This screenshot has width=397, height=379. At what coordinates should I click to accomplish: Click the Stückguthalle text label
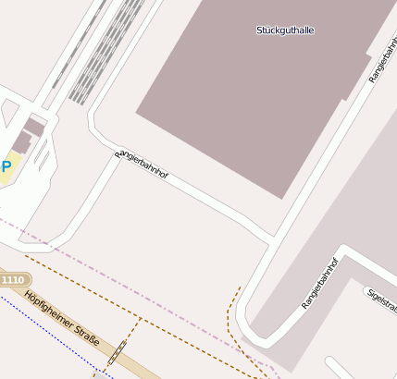coord(285,31)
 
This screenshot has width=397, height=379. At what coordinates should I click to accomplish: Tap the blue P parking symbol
coord(6,166)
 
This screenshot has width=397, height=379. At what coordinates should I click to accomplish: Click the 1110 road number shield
coord(13,279)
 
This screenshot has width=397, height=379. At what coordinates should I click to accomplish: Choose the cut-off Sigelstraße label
coord(380,300)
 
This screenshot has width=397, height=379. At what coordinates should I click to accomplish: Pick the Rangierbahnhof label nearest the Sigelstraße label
coord(320,282)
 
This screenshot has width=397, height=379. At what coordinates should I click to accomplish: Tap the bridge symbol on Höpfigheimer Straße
coord(117,354)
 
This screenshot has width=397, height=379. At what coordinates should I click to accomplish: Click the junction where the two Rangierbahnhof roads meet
coord(273,241)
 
